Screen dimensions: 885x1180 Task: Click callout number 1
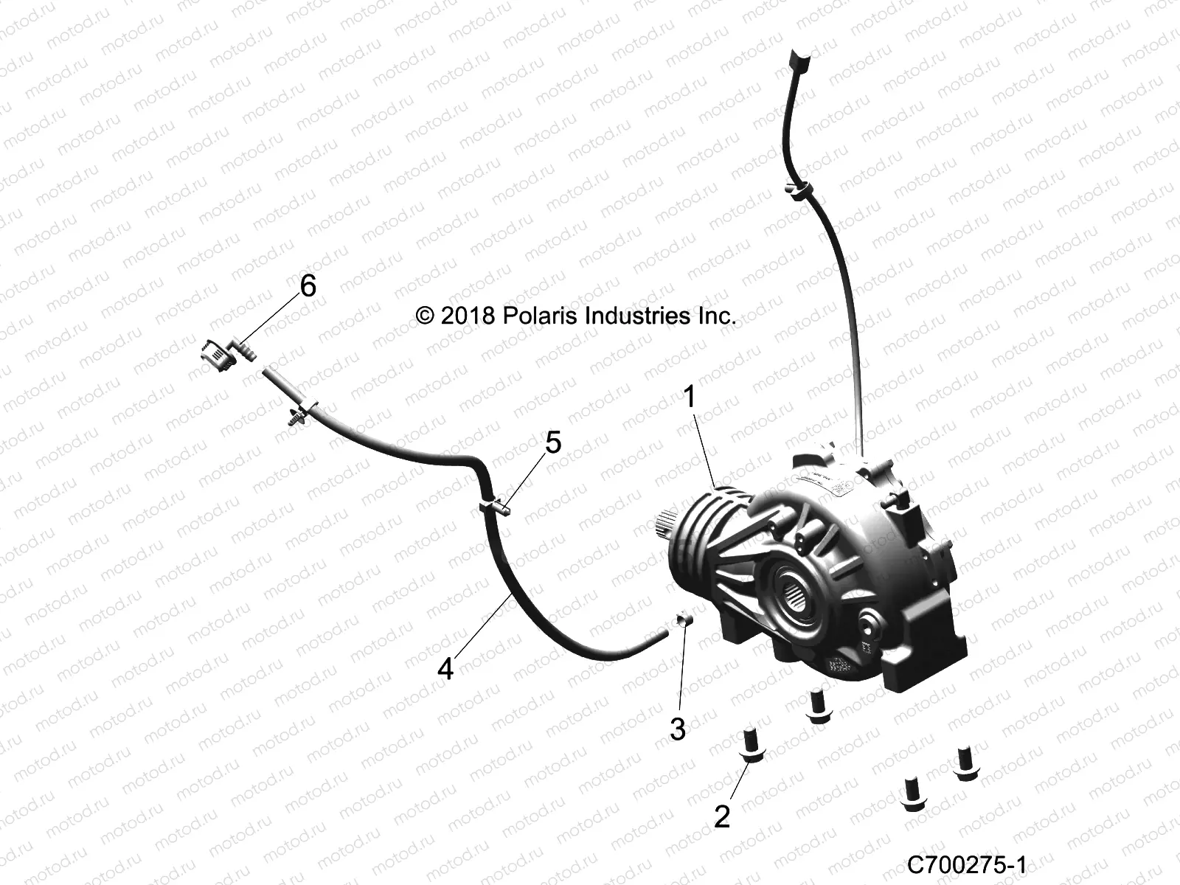pos(690,398)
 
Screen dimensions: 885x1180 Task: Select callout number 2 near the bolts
pos(722,816)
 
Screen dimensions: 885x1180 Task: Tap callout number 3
pos(678,729)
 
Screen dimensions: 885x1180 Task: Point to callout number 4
pos(445,669)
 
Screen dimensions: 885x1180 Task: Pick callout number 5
pos(553,442)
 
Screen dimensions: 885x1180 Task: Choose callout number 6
pos(308,285)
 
